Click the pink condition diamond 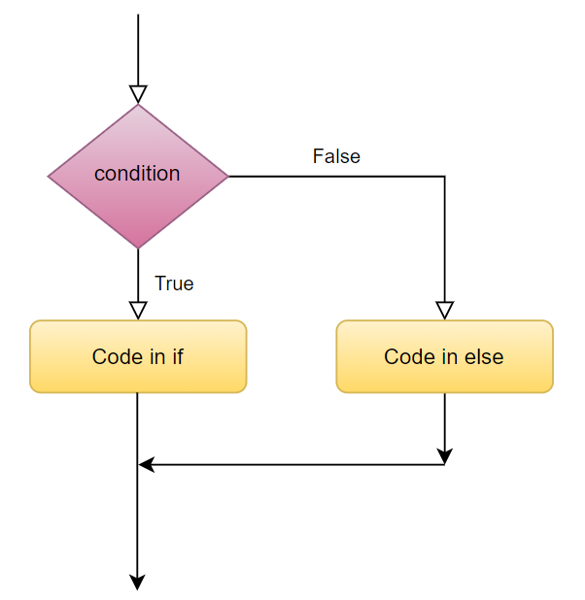pos(138,177)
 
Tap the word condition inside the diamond pos(137,174)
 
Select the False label pos(336,156)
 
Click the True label pos(174,283)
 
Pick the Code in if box pos(138,356)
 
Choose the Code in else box pos(444,356)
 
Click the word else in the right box pos(484,356)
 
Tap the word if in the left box pos(178,356)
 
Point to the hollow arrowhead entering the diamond pos(138,94)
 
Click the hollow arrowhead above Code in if pos(138,311)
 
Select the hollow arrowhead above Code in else pos(444,311)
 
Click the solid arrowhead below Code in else pos(444,456)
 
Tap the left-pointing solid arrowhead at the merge pos(146,464)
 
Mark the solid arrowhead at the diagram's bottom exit pos(137,582)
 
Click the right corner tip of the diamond pos(228,177)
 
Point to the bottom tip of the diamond pos(138,249)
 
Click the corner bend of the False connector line pos(444,177)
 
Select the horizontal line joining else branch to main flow pos(292,464)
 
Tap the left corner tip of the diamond pos(48,177)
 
